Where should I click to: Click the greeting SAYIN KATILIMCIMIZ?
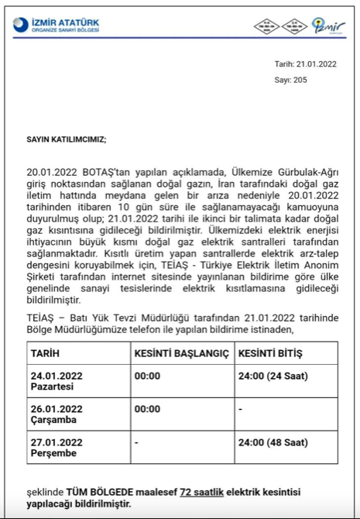click(x=67, y=139)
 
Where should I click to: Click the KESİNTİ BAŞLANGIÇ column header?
click(x=182, y=353)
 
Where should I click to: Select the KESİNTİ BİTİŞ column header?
click(x=270, y=353)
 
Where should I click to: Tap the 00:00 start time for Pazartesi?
click(x=147, y=376)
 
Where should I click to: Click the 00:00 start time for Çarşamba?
click(x=147, y=408)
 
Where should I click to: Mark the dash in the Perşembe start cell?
click(x=136, y=442)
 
